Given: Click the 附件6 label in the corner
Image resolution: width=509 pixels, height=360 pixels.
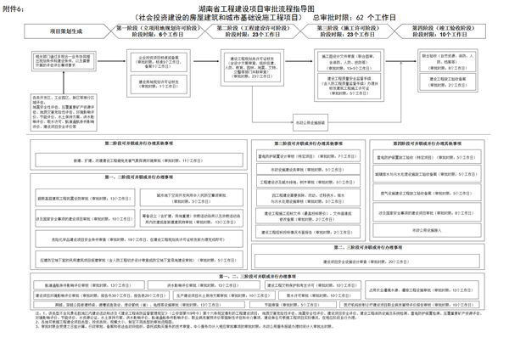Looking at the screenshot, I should click(x=13, y=7).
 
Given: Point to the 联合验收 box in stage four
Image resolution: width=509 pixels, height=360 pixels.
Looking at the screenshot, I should click(x=440, y=61).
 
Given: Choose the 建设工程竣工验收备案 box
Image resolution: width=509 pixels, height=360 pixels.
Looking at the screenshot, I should click(x=440, y=81).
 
